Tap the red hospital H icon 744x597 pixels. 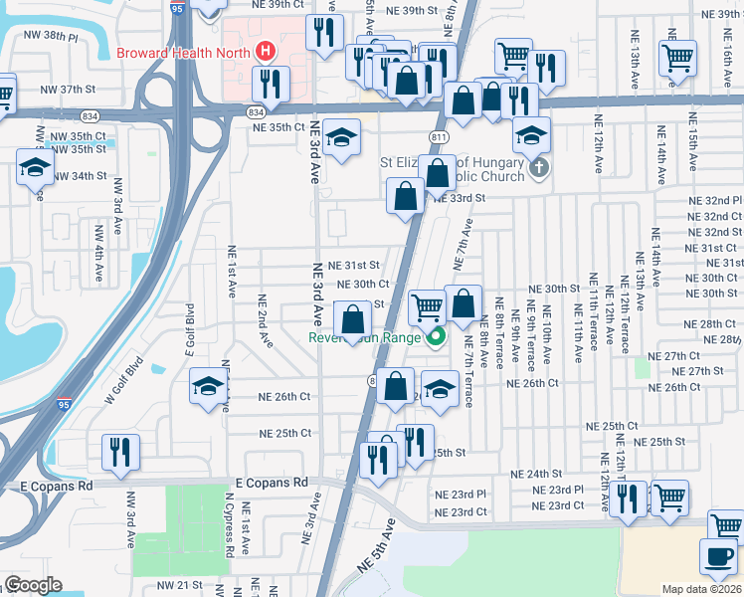(266, 51)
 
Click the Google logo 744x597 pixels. (33, 585)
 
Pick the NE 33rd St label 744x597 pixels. (459, 198)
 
